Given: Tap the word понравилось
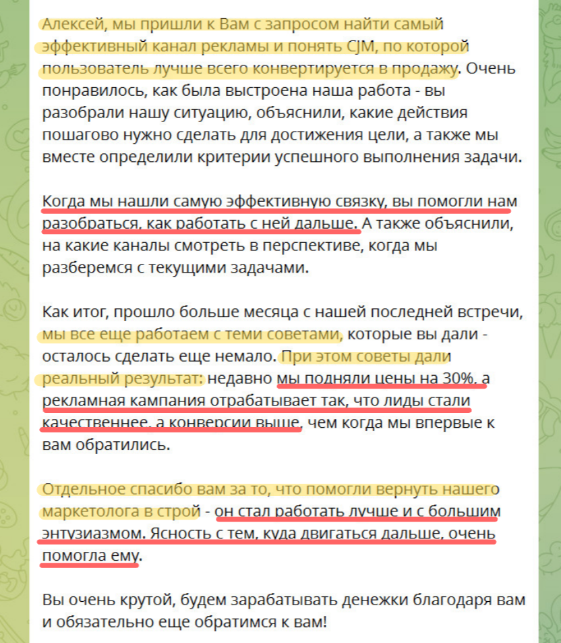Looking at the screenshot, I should click(90, 90).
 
